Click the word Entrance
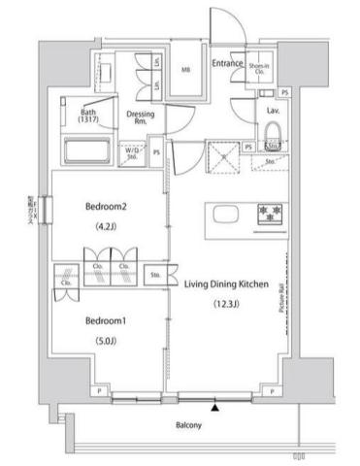[x=226, y=63]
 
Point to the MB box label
[x=186, y=70]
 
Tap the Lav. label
[x=273, y=111]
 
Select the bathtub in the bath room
[x=86, y=152]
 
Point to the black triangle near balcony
[x=215, y=407]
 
